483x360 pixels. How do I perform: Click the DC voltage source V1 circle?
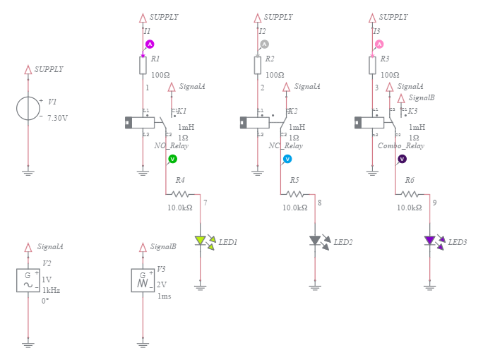tap(28, 108)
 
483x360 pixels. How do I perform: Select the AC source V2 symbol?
tap(28, 280)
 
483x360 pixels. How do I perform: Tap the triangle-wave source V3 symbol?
tap(143, 280)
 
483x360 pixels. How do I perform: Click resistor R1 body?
tap(143, 66)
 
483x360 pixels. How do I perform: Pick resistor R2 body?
tap(258, 66)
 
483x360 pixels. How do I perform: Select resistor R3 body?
tap(372, 66)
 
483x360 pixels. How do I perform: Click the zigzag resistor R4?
tap(180, 193)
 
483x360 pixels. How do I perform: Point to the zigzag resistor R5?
tap(295, 193)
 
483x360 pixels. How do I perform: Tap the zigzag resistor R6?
tap(410, 193)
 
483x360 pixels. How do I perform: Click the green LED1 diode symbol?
tap(201, 241)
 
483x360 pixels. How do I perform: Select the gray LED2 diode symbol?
tap(316, 241)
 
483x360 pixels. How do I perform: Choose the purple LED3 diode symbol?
tap(430, 241)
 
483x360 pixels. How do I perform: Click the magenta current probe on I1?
tap(150, 44)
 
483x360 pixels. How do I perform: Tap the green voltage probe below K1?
tap(172, 159)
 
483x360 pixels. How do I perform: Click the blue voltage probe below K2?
tap(287, 159)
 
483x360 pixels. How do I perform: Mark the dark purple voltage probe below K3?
tap(402, 159)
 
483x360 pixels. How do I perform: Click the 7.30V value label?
tap(57, 118)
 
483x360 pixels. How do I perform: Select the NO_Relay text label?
tap(172, 146)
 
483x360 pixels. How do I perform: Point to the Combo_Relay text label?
tap(401, 146)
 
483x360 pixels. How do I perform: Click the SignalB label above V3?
tap(163, 247)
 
